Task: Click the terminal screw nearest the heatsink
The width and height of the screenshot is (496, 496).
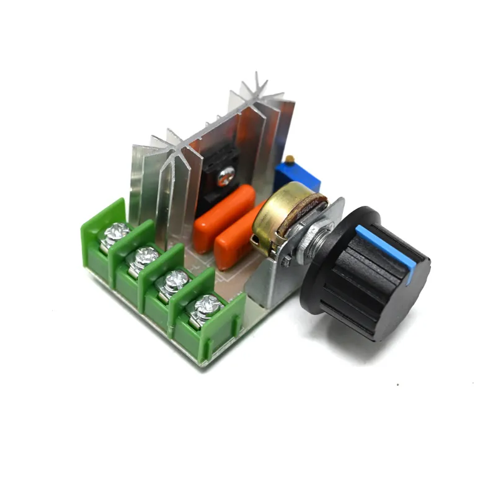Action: [x=116, y=235]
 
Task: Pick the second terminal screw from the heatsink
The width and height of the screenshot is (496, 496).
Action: [x=146, y=256]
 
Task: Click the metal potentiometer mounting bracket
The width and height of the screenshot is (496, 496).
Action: [x=273, y=279]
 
